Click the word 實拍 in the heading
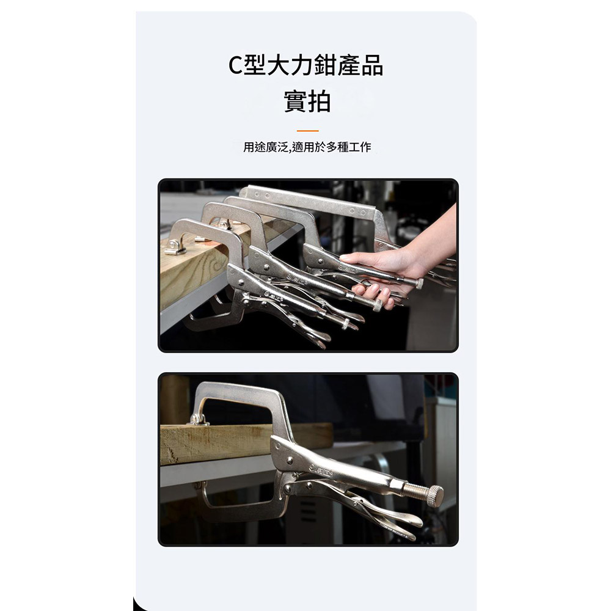pos(307,101)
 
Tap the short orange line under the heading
pos(307,131)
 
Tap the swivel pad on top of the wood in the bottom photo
pos(197,420)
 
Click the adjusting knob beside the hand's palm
pos(419,283)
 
